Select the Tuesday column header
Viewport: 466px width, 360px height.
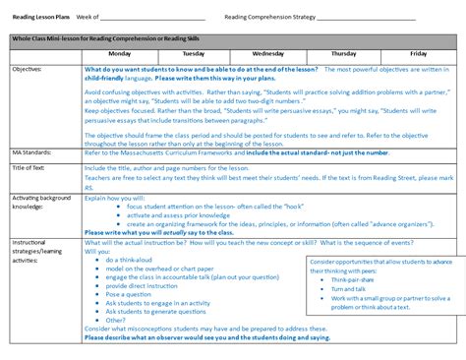pos(194,53)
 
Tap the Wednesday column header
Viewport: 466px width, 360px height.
pos(268,53)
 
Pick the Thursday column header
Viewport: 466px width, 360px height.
pos(343,53)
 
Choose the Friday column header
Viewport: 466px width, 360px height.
pos(418,53)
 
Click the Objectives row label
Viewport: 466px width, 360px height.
pos(28,70)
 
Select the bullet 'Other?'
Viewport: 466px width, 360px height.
pos(116,320)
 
